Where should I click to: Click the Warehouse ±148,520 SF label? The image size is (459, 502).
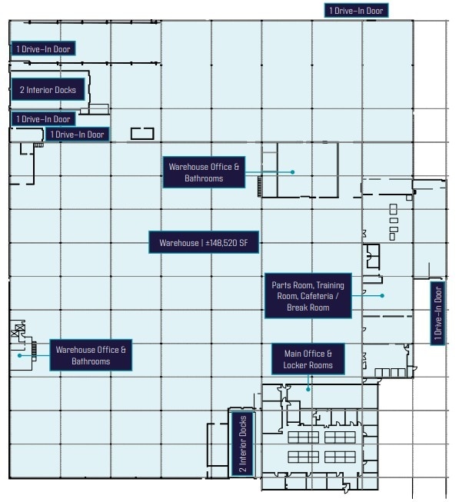[204, 244]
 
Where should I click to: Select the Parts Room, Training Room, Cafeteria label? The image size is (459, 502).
[308, 295]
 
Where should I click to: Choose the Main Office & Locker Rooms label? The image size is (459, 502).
[308, 359]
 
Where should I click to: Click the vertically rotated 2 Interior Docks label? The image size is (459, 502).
[242, 444]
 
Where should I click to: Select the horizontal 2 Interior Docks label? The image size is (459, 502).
[48, 90]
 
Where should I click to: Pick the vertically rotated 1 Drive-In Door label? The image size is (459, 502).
[437, 314]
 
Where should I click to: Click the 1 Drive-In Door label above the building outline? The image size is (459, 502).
[355, 10]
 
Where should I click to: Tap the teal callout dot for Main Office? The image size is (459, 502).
[308, 389]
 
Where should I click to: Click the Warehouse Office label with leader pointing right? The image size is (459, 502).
[204, 172]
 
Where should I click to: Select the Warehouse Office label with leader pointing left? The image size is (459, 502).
[91, 355]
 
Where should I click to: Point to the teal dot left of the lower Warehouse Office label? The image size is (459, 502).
[20, 355]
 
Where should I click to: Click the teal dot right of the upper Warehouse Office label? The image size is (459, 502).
[293, 172]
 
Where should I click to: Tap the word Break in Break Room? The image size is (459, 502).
[298, 308]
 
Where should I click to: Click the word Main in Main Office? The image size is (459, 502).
[293, 354]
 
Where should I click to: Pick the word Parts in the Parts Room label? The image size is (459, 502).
[281, 285]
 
